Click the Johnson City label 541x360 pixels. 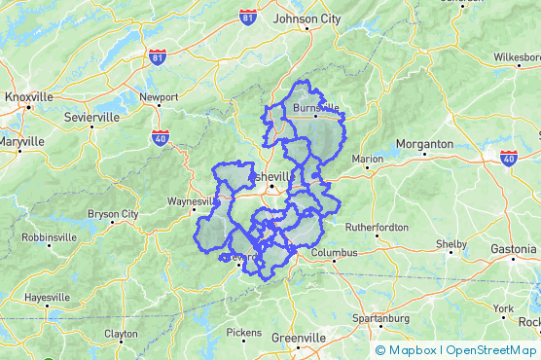point(307,18)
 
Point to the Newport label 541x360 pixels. point(159,97)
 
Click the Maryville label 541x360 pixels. point(20,141)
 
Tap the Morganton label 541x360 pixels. point(425,144)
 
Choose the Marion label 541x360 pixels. point(368,159)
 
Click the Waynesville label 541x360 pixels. point(195,201)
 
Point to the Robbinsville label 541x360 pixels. point(49,236)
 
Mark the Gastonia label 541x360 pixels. point(513,249)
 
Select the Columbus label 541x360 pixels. point(334,253)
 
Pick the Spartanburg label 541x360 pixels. point(380,318)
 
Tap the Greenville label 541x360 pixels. point(298,338)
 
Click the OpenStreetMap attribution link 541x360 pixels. point(490,350)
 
